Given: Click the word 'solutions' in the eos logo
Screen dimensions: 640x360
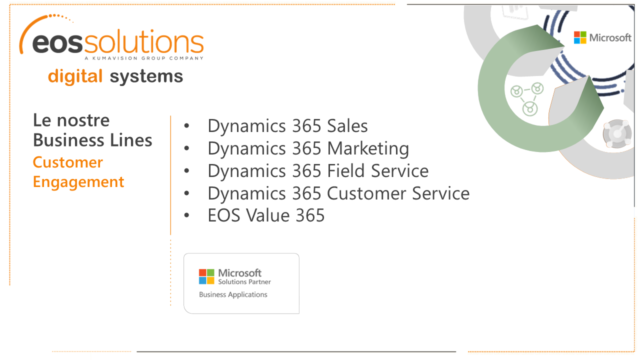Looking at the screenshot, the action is coord(143,41).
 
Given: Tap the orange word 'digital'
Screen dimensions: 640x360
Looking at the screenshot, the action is coord(75,76).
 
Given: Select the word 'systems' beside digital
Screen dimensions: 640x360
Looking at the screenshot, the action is coord(146,76).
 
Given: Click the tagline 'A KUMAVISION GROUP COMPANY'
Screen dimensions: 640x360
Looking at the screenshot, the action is coord(144,58).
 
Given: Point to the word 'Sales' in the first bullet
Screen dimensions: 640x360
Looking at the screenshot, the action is coord(347,125).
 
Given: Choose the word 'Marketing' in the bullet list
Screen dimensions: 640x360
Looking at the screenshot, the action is coord(368,148).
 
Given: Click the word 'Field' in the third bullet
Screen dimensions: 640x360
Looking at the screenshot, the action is coord(345,170).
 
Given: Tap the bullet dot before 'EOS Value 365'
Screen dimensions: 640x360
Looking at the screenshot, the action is coord(186,215).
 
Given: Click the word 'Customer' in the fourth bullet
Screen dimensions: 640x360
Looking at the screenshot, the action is coord(366,193).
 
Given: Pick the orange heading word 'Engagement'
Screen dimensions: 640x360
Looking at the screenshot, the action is coord(78,182).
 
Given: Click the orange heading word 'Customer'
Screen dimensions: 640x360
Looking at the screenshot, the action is coord(67,162).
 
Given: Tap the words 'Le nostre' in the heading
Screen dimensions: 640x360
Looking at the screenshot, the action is coord(71,120).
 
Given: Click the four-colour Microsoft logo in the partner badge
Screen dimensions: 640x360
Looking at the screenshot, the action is coord(206,276).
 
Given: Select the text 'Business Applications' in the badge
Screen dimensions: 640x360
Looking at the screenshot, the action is coord(233,294).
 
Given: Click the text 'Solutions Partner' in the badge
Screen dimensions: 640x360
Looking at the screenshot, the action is coord(244,282).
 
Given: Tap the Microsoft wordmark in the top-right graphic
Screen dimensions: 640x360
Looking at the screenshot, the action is coord(610,37).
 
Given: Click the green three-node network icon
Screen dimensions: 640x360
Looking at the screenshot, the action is coord(527,99).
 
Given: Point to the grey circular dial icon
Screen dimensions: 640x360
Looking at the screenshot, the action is coord(617,133).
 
